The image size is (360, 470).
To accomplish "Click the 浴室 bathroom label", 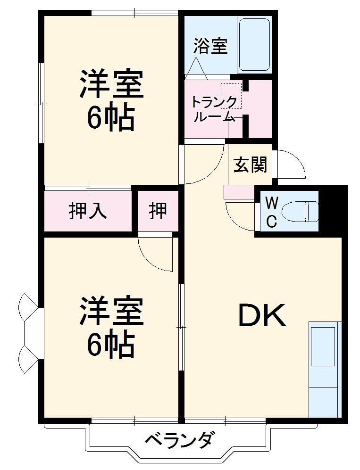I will [x=210, y=46].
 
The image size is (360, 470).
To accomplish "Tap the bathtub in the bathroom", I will [x=254, y=45].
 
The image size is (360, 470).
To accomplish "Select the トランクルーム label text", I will [x=213, y=109].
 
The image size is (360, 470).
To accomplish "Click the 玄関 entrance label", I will [x=251, y=165].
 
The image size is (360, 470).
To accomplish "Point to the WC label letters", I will [x=271, y=213].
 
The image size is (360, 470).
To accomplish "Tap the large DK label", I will [x=262, y=316].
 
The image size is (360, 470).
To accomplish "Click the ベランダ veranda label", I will [x=179, y=442].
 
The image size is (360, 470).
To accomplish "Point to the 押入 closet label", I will [x=88, y=211].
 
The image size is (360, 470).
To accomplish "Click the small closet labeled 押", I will [x=158, y=211].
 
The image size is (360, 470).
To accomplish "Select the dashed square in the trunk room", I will [x=231, y=96].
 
